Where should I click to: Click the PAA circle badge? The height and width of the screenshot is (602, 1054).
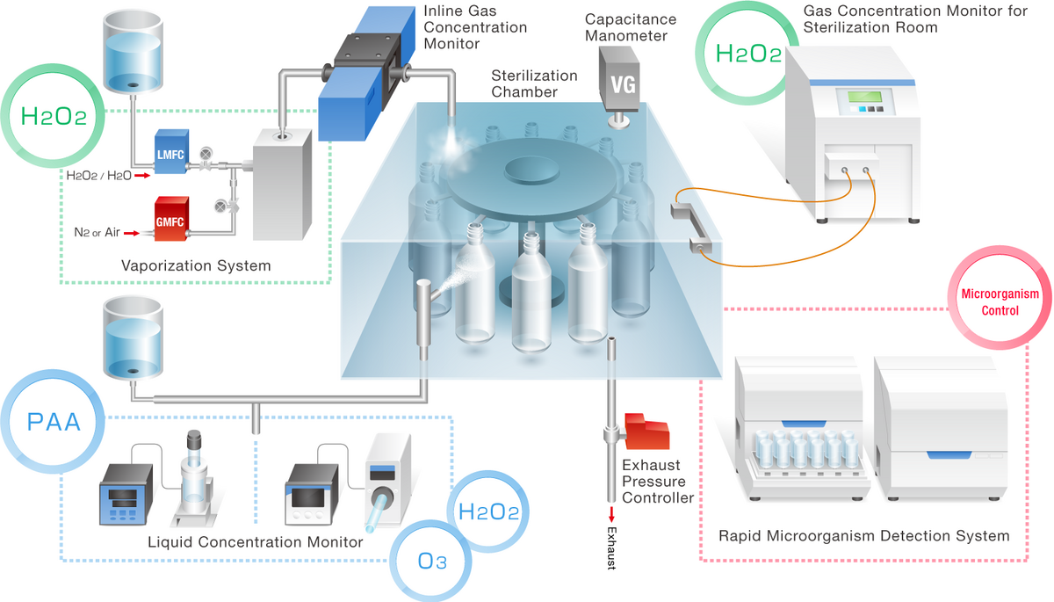tap(54, 421)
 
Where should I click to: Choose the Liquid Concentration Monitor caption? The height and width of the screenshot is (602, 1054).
tap(256, 542)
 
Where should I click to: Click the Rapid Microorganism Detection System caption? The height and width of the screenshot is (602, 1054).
tap(863, 535)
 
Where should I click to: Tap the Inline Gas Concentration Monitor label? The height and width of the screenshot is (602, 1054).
tap(475, 27)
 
